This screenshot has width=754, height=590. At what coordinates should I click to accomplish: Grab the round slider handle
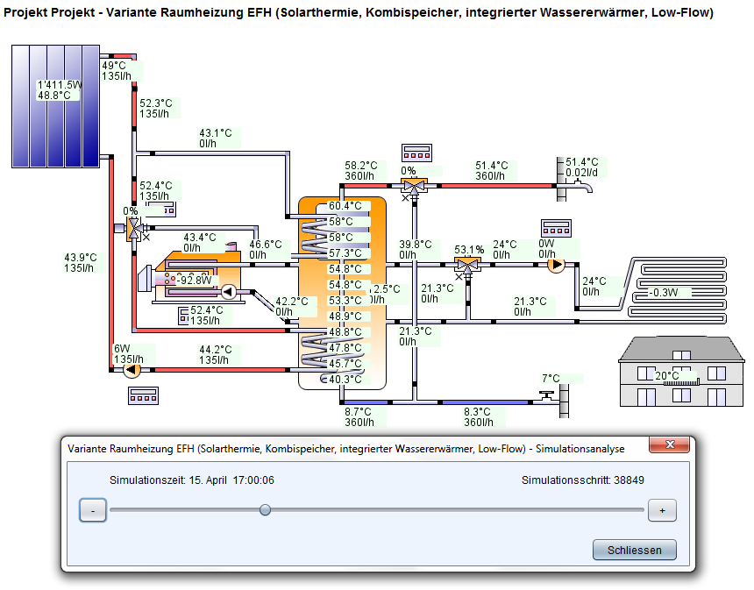(266, 510)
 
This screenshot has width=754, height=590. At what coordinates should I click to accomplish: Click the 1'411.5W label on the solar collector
(59, 85)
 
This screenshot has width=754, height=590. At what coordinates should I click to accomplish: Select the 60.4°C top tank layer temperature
(345, 206)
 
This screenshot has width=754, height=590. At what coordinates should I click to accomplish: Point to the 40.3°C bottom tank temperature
(345, 380)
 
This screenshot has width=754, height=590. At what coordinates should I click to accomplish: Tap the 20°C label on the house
(666, 375)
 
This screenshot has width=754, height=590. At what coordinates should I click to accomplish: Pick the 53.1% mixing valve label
(469, 249)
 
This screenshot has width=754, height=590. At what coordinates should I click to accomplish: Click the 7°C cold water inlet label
(551, 379)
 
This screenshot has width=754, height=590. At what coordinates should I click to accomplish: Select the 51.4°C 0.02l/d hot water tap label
(582, 167)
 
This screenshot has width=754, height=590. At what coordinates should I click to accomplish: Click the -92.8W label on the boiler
(194, 281)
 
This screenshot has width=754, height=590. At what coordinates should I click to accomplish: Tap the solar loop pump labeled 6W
(132, 370)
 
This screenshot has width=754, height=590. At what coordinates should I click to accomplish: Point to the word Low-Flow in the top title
(679, 13)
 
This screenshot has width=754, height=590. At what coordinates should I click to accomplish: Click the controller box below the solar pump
(142, 395)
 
